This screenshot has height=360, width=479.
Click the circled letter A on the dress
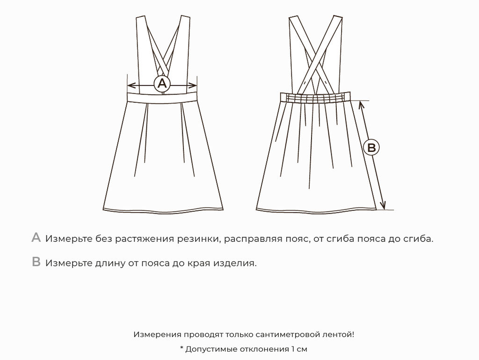(x=162, y=83)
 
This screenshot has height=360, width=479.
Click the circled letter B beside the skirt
(x=371, y=147)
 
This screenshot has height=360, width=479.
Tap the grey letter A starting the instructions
(x=36, y=238)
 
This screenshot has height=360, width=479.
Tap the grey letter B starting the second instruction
(x=36, y=262)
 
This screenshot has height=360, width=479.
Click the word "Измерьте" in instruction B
(x=69, y=263)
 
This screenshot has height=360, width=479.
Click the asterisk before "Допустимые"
(x=181, y=348)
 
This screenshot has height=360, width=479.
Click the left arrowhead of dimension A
(x=131, y=85)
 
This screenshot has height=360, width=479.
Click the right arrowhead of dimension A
(x=193, y=85)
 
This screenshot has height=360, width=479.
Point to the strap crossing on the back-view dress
(x=316, y=65)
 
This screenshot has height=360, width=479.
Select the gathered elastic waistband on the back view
(x=315, y=97)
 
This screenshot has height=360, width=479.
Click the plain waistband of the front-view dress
(x=162, y=97)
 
